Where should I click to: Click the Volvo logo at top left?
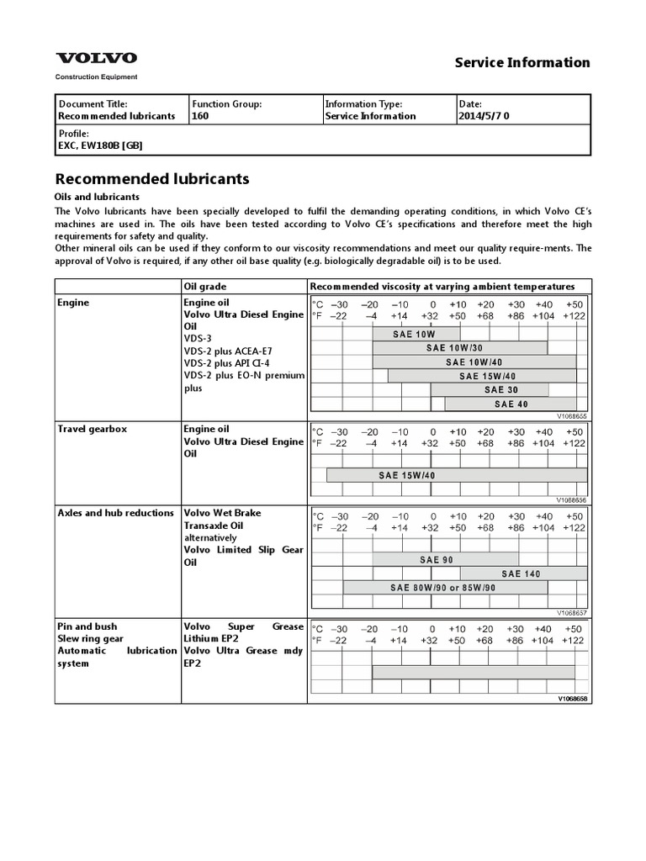point(96,58)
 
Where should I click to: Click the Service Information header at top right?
point(522,62)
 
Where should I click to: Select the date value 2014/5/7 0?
point(484,116)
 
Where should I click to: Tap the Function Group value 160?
point(200,116)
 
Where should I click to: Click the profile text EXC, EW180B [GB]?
point(100,145)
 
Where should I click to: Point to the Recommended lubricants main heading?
point(151,179)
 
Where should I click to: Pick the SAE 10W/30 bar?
point(454,347)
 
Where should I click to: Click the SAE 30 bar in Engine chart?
point(490,390)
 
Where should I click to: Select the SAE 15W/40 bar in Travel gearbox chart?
point(407,475)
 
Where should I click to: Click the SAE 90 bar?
point(445,559)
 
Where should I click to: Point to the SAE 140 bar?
point(521,573)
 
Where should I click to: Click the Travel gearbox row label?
point(92,429)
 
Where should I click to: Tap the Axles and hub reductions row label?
point(115,513)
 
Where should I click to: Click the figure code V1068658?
point(572,698)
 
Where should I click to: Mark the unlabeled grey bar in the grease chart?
point(474,672)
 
